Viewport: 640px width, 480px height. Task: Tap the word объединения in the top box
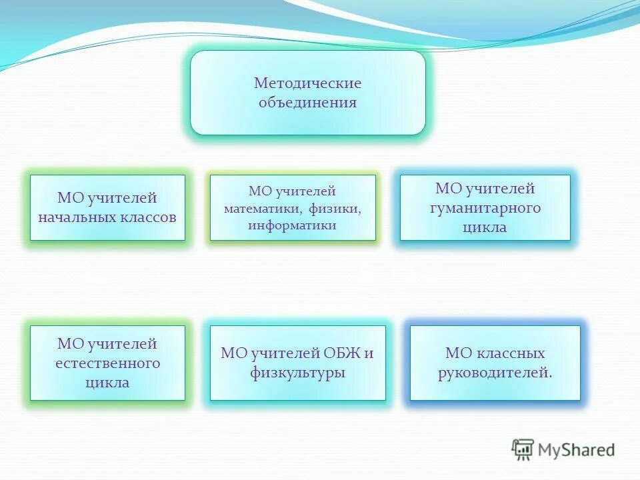(x=307, y=103)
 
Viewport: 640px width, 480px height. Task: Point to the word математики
(x=262, y=209)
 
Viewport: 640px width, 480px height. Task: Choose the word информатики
(x=292, y=225)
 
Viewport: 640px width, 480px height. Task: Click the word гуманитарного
(x=485, y=208)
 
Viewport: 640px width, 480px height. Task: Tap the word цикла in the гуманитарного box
(x=485, y=227)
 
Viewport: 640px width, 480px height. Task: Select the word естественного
(x=107, y=363)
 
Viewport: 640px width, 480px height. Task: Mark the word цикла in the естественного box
(x=107, y=383)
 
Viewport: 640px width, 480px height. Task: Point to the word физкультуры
(x=297, y=373)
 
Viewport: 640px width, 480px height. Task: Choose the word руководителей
(x=495, y=373)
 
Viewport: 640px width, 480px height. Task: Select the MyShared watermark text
(x=577, y=450)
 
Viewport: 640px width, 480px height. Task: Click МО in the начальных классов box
(x=69, y=198)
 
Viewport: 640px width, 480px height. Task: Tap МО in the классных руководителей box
(x=458, y=353)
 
